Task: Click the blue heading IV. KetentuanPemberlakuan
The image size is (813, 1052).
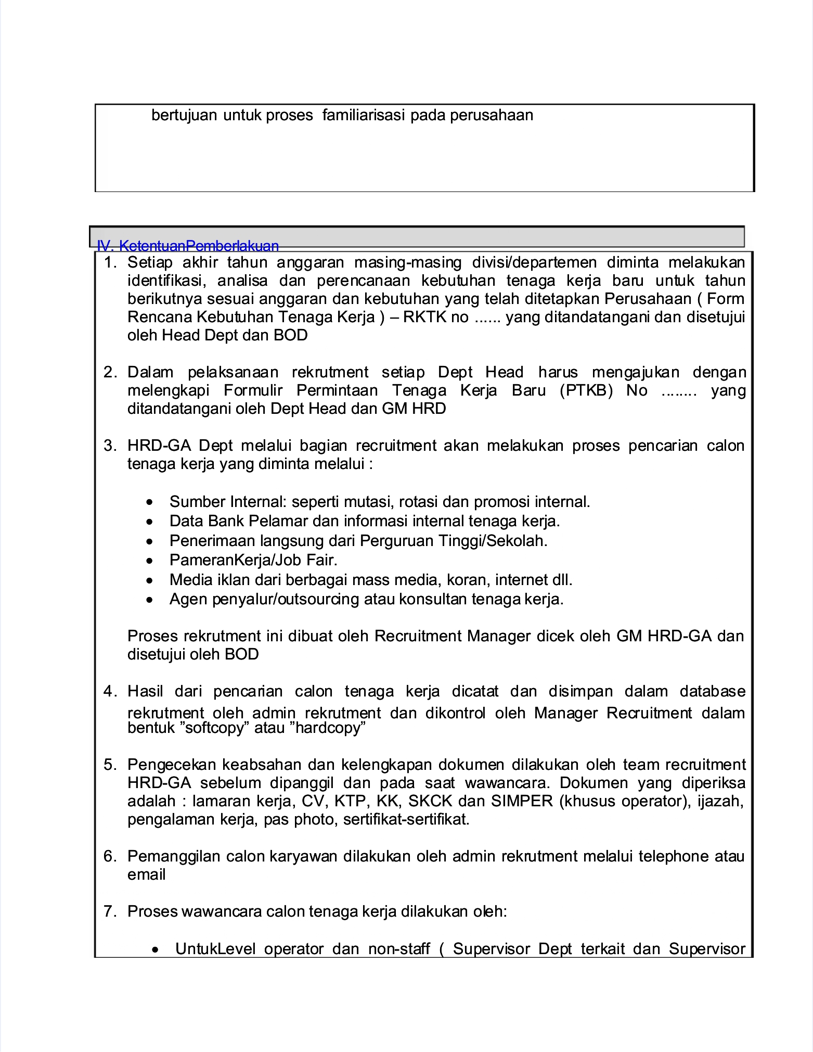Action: [x=188, y=246]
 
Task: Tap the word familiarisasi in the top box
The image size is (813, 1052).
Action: [x=364, y=115]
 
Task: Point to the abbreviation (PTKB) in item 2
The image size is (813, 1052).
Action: [x=586, y=390]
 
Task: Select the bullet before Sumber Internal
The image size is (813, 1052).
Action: [x=150, y=502]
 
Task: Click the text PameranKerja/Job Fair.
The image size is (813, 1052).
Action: [x=253, y=560]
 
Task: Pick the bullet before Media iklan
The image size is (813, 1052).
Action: [x=150, y=580]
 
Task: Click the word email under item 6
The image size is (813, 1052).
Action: [x=146, y=874]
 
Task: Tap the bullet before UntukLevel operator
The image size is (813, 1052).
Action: [x=156, y=950]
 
